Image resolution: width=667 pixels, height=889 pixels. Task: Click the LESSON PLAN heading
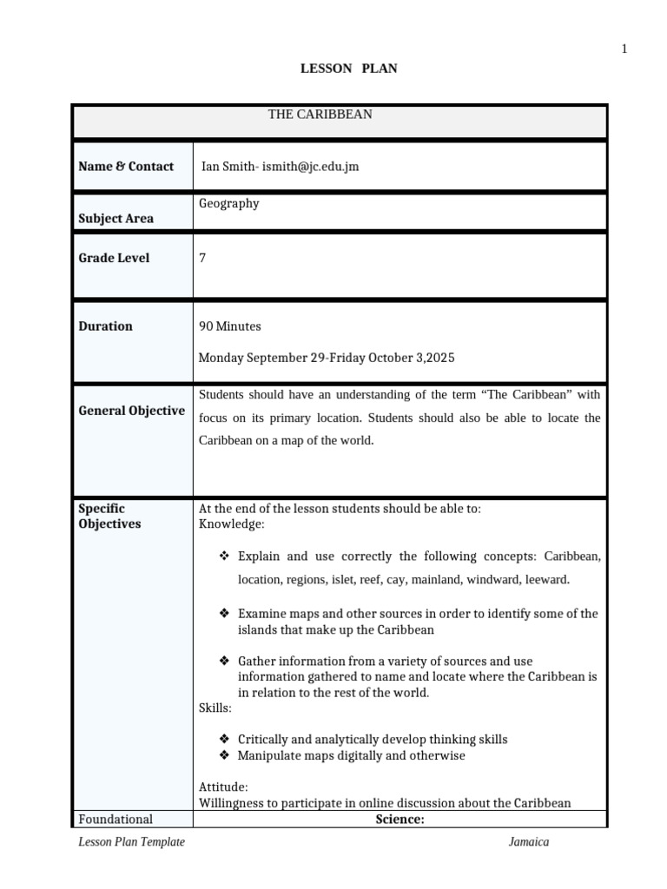[x=348, y=68]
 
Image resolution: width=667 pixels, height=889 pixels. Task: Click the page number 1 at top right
[x=624, y=49]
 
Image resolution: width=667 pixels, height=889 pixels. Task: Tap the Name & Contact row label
[x=126, y=167]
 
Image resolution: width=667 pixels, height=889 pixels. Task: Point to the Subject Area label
[x=116, y=219]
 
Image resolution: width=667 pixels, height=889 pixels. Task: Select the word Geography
[x=229, y=203]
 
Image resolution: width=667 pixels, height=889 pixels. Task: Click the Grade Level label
[x=114, y=258]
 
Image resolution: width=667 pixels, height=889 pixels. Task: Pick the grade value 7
[x=202, y=258]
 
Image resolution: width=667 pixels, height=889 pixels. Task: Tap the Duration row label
[x=105, y=326]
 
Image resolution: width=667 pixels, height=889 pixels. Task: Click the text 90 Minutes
[x=230, y=326]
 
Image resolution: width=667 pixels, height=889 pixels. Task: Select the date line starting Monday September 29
[x=327, y=358]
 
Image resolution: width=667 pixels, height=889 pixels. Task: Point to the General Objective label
[x=131, y=411]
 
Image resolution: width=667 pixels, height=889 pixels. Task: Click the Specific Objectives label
[x=109, y=517]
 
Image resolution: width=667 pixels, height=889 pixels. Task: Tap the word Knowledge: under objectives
[x=232, y=524]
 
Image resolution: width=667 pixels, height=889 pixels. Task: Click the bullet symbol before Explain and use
[x=223, y=556]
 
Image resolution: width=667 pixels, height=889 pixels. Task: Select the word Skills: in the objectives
[x=215, y=708]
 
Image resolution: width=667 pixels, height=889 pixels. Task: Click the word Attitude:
[x=223, y=787]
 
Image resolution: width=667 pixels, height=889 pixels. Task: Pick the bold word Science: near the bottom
[x=400, y=819]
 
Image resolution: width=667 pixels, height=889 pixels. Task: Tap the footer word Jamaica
[x=529, y=842]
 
